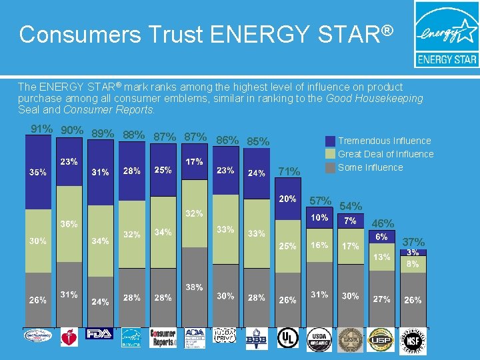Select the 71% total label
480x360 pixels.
point(289,172)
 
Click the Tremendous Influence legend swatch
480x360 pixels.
point(330,141)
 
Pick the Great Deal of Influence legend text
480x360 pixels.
point(385,154)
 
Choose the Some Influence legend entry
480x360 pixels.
point(370,167)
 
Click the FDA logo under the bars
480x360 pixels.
point(99,334)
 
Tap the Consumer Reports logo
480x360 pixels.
point(163,337)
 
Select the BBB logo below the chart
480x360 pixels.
point(255,338)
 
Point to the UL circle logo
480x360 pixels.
point(288,338)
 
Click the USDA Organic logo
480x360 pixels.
point(319,338)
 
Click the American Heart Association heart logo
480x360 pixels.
point(69,338)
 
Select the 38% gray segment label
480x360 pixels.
point(194,288)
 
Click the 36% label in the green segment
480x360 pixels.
point(67,225)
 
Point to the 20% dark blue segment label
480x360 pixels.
point(287,199)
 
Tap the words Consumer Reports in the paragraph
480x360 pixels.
point(119,110)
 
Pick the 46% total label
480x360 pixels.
point(382,224)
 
